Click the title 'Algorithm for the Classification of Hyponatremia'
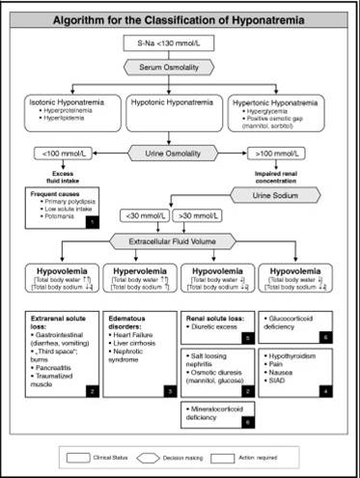[x=179, y=18]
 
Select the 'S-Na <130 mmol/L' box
[x=179, y=44]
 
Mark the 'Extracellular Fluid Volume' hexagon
[x=179, y=240]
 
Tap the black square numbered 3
[x=172, y=390]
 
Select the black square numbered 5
[x=249, y=338]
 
